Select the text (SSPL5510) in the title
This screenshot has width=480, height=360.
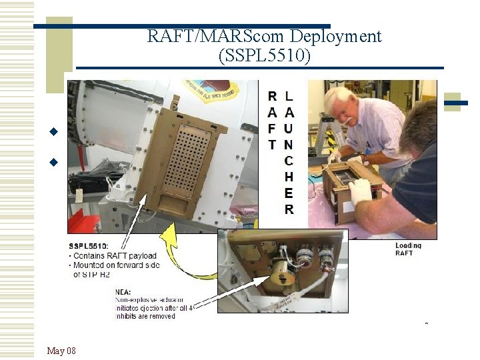click(264, 56)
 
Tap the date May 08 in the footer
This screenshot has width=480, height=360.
click(61, 351)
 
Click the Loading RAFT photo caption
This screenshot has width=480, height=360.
click(408, 249)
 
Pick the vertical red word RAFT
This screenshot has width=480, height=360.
click(273, 121)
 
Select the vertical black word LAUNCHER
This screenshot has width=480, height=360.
click(289, 152)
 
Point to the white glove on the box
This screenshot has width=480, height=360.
click(360, 191)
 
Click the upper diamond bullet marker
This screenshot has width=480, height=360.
click(55, 131)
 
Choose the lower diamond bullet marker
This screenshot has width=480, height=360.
click(55, 161)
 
